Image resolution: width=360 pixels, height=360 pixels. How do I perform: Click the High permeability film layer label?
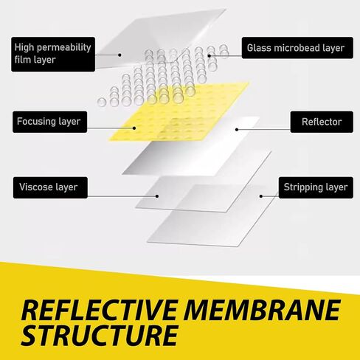[53, 55]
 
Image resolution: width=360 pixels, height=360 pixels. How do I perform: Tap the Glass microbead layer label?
[297, 48]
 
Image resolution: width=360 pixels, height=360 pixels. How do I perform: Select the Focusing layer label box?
[50, 122]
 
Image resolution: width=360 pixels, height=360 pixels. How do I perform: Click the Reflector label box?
[322, 122]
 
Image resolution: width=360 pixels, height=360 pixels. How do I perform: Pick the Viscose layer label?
[50, 187]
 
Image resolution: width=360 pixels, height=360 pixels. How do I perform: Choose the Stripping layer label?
[316, 187]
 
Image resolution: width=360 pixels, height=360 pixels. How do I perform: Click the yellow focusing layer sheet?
[179, 112]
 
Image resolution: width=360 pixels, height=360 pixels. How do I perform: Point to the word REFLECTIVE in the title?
[99, 310]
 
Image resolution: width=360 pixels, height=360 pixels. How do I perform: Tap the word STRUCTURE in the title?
[100, 335]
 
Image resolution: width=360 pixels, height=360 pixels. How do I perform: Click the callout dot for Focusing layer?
[134, 128]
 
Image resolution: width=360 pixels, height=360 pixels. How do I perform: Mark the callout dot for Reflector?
[237, 129]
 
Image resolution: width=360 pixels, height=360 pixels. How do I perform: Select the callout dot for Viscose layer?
[157, 196]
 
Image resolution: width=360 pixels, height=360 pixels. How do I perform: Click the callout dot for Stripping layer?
[261, 196]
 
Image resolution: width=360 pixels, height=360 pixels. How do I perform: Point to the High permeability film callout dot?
[120, 55]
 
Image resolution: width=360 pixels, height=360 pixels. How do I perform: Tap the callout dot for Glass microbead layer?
[210, 56]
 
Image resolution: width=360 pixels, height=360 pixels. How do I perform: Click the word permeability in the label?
[63, 48]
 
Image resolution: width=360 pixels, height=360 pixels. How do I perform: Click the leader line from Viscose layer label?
[122, 196]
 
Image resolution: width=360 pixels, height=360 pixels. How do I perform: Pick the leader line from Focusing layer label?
[111, 128]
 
